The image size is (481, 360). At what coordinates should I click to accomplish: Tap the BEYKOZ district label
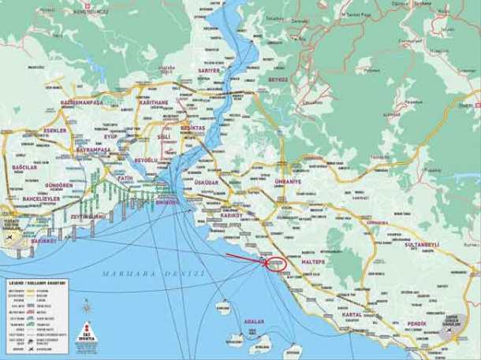point(278,80)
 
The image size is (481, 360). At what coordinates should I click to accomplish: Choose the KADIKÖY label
point(232,214)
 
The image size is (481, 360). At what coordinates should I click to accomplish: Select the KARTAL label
point(352,315)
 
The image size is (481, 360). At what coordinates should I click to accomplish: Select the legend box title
point(39,282)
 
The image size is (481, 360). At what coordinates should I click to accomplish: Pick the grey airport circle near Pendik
point(448,333)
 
